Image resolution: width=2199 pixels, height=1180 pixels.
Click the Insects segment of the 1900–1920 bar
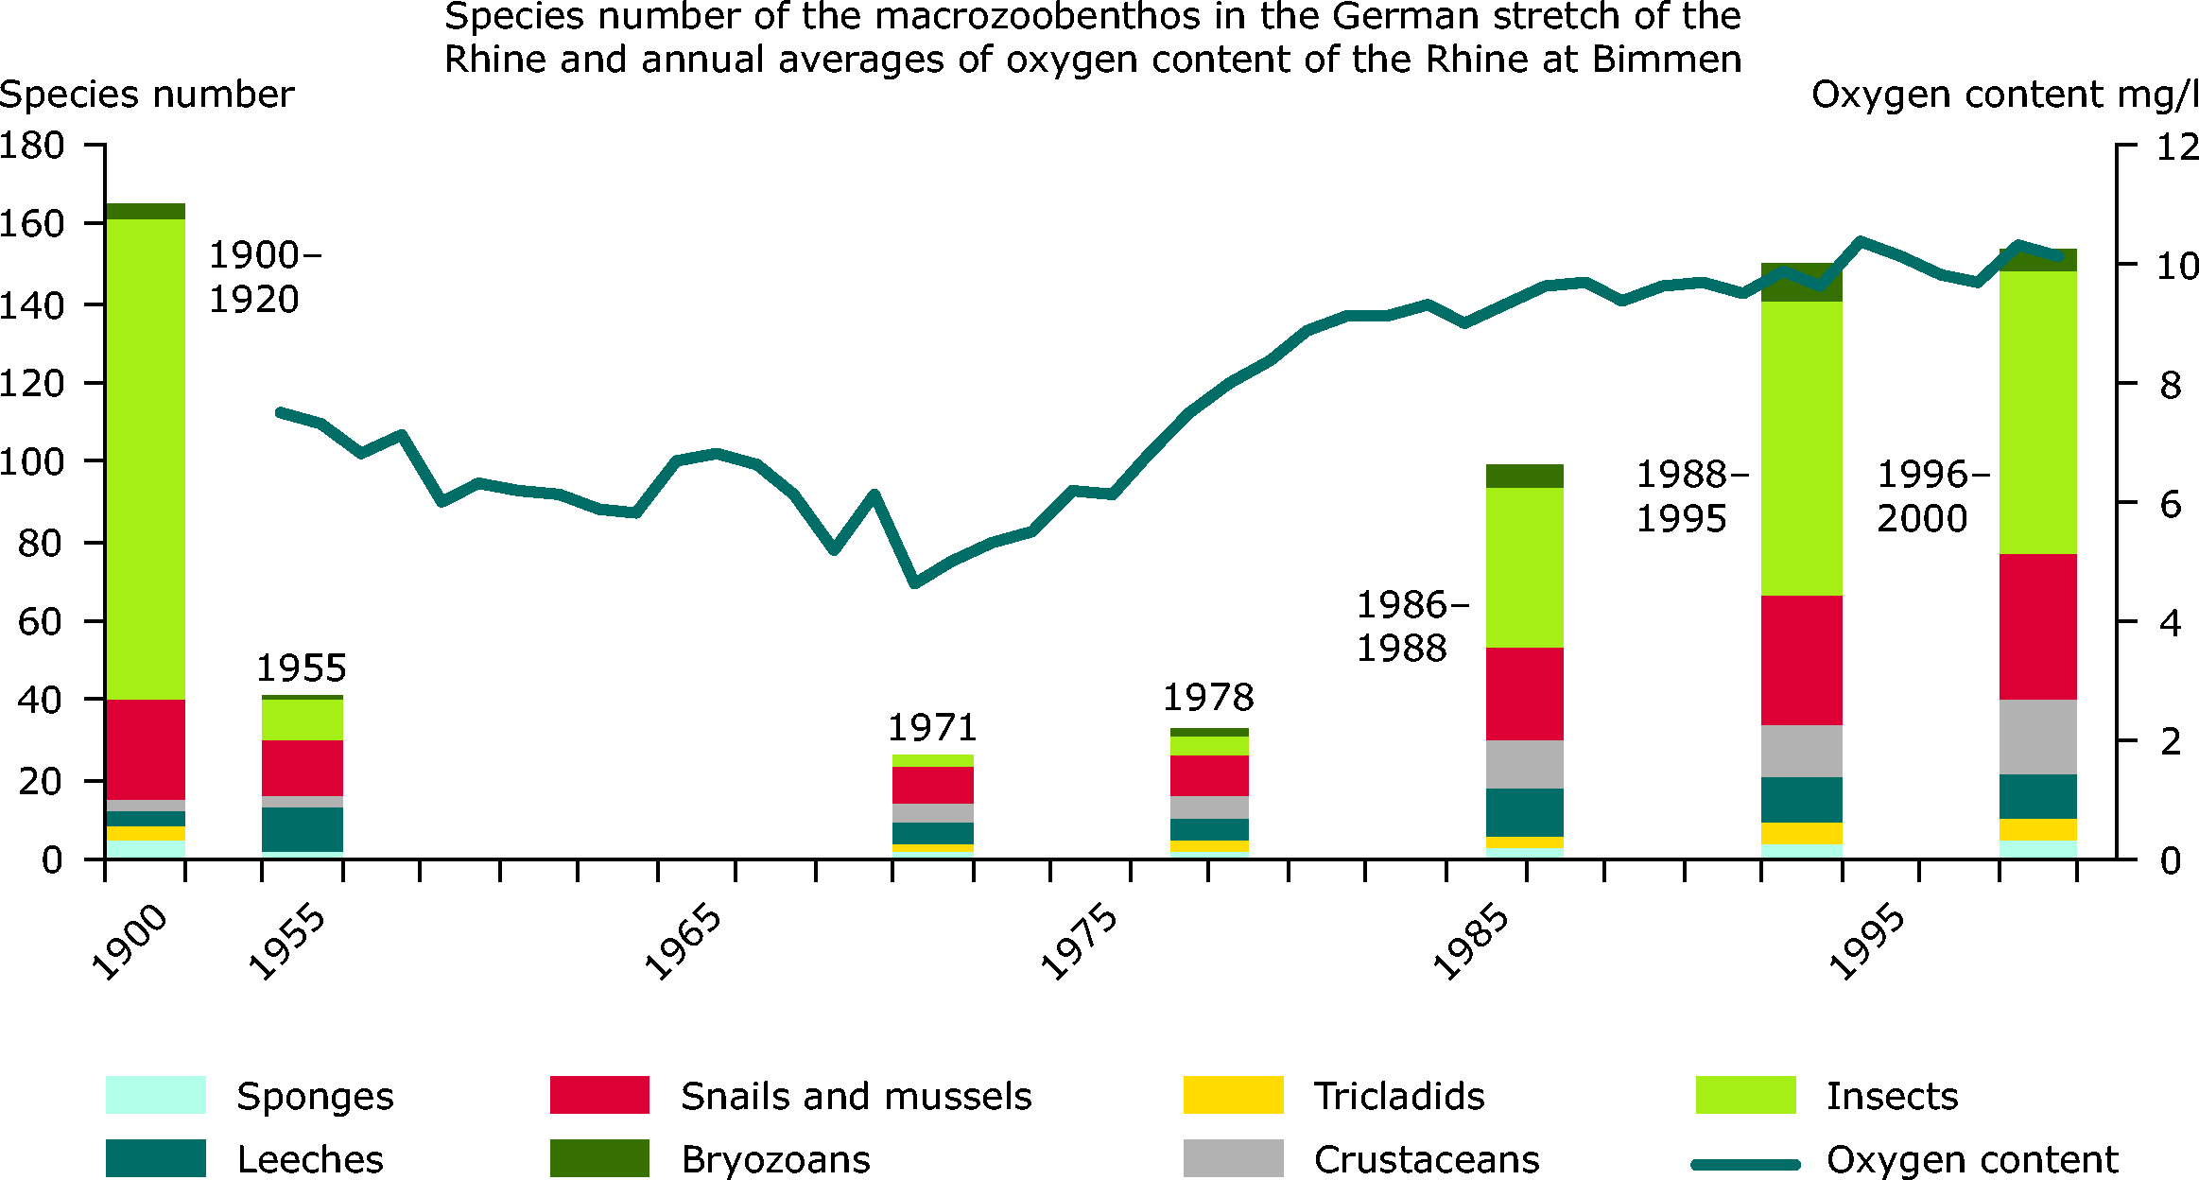pyautogui.click(x=145, y=459)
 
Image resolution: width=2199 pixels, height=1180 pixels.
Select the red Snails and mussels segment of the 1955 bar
pyautogui.click(x=303, y=768)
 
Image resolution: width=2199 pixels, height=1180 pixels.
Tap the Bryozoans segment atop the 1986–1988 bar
pyautogui.click(x=1524, y=476)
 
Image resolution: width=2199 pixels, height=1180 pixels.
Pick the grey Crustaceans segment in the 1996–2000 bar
pyautogui.click(x=2037, y=737)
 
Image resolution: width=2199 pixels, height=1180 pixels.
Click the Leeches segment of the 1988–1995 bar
pyautogui.click(x=1801, y=800)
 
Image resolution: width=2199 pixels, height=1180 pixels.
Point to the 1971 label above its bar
pyautogui.click(x=932, y=728)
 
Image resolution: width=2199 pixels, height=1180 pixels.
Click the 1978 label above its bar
pyautogui.click(x=1207, y=699)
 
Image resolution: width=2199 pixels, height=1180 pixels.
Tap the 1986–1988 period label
pyautogui.click(x=1411, y=626)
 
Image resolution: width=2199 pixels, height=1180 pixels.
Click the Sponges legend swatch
pyautogui.click(x=155, y=1095)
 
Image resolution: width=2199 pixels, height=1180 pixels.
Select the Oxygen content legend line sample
pyautogui.click(x=1744, y=1164)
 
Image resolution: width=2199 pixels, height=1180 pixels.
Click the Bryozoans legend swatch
pyautogui.click(x=599, y=1158)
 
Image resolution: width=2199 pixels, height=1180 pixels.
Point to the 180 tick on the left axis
pyautogui.click(x=32, y=146)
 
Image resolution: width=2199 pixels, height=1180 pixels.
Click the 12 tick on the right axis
pyautogui.click(x=2176, y=147)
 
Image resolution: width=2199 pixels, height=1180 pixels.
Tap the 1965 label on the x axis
pyautogui.click(x=683, y=942)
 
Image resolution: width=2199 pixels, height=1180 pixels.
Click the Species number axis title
pyautogui.click(x=147, y=95)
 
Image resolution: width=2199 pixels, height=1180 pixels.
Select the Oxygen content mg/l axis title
pyautogui.click(x=2004, y=95)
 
